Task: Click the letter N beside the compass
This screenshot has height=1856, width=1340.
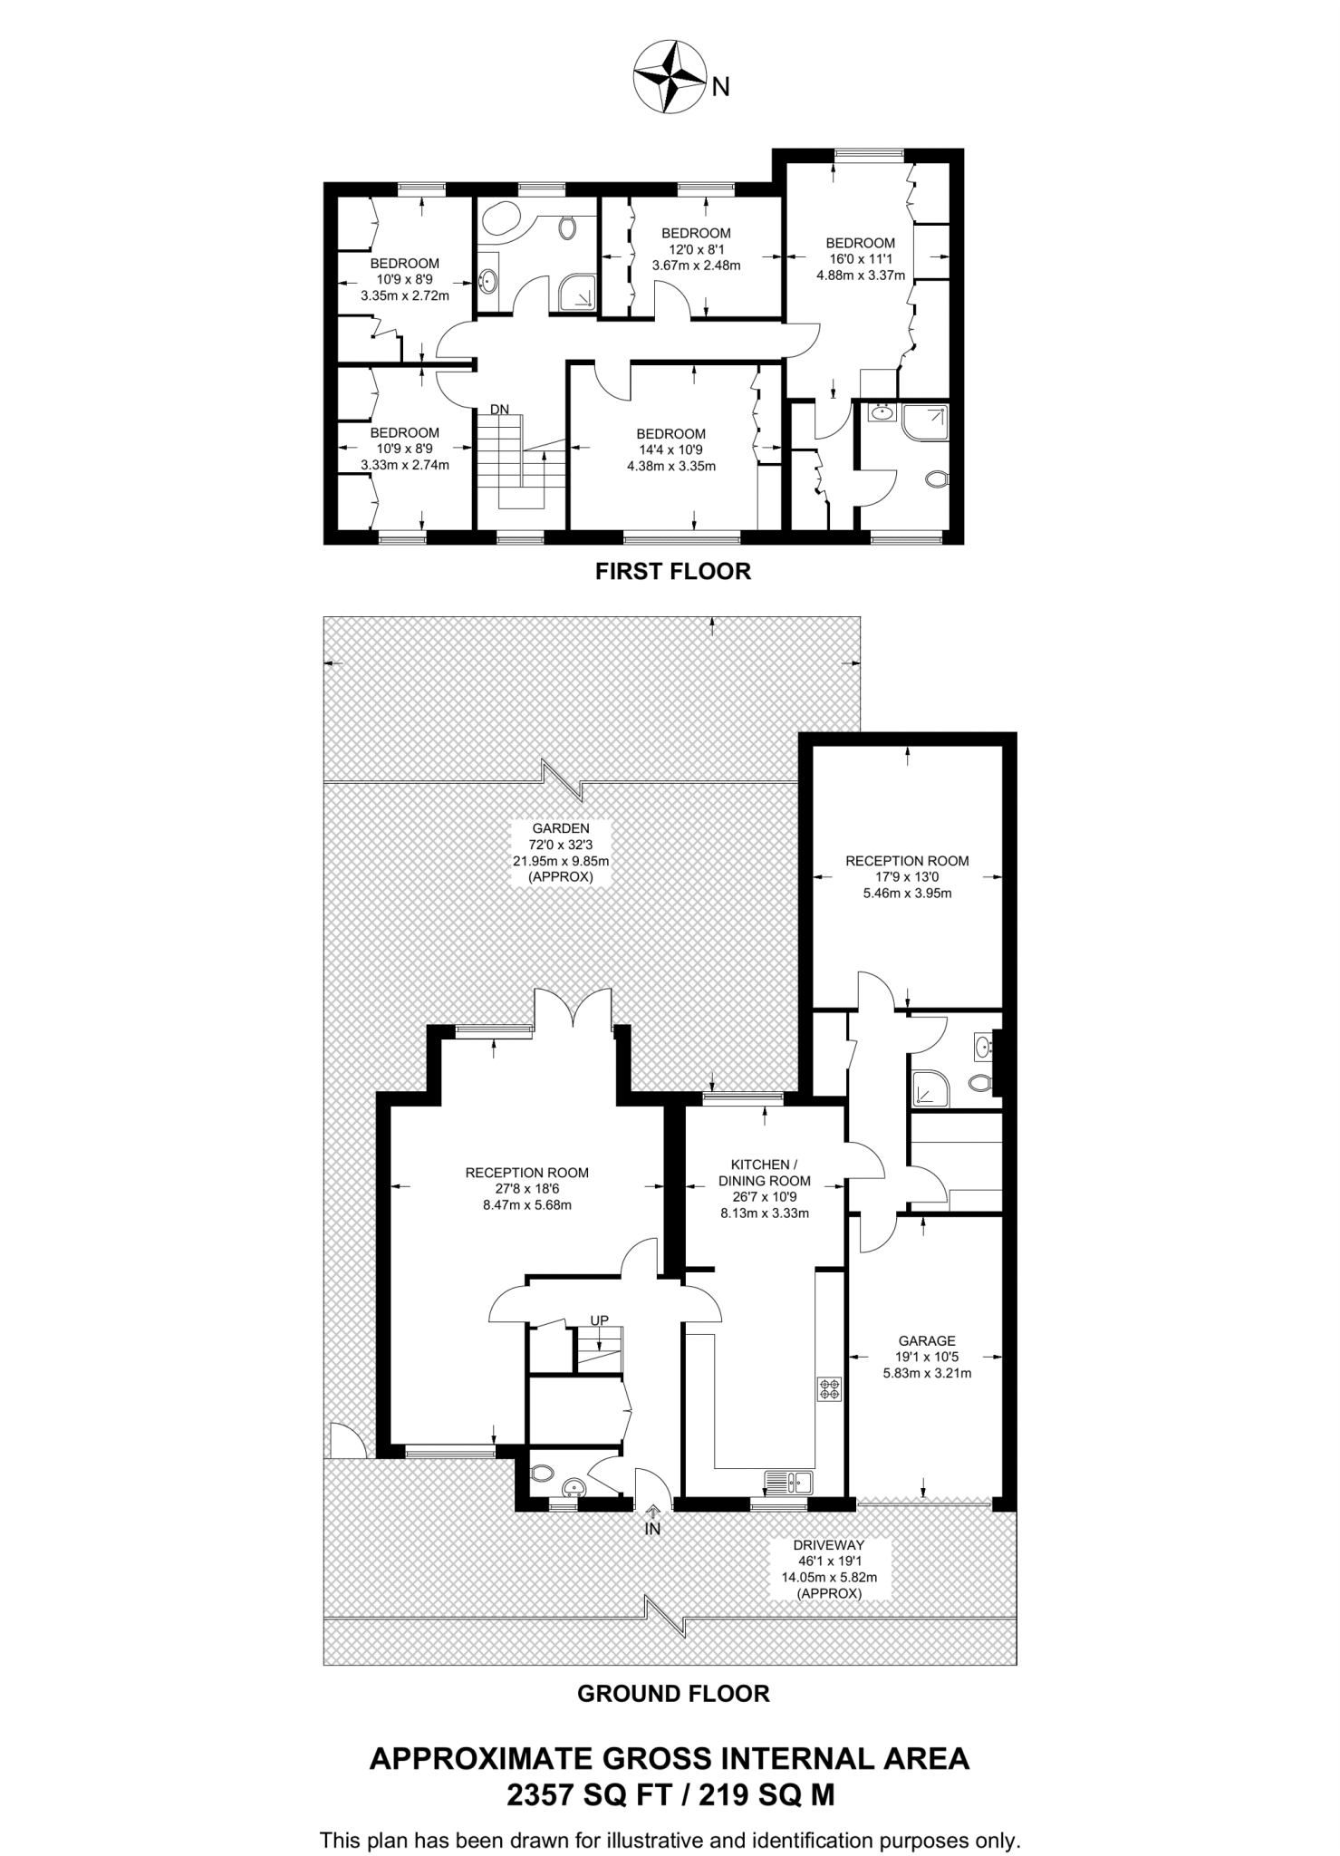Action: pyautogui.click(x=721, y=87)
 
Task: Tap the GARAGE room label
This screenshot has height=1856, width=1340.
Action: pyautogui.click(x=927, y=1340)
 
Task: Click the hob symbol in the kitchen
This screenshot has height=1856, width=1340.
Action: pyautogui.click(x=829, y=1388)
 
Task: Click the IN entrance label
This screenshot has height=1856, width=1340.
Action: pyautogui.click(x=652, y=1529)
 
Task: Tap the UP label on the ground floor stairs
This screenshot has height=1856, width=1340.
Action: pyautogui.click(x=599, y=1320)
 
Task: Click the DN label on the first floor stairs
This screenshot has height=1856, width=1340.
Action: pyautogui.click(x=500, y=410)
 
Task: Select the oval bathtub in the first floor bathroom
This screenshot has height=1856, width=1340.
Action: pyautogui.click(x=496, y=220)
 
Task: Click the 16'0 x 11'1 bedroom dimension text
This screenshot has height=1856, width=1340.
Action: pyautogui.click(x=860, y=259)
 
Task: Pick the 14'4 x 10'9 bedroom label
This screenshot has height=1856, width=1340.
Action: pyautogui.click(x=670, y=449)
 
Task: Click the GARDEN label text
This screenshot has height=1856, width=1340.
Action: pyautogui.click(x=561, y=827)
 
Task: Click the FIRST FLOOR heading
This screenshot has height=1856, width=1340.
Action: pyautogui.click(x=672, y=571)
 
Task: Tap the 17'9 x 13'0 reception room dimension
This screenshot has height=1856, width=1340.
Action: pyautogui.click(x=907, y=876)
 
